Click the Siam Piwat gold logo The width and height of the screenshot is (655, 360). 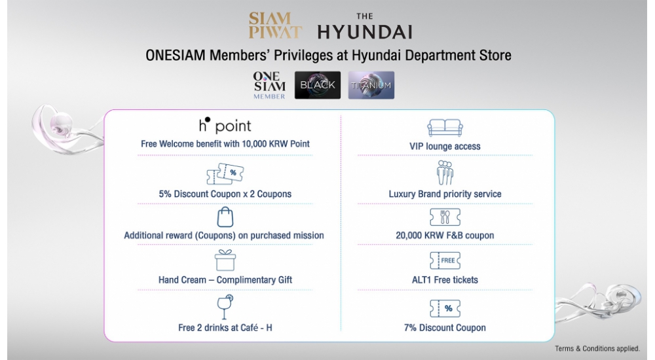point(275,25)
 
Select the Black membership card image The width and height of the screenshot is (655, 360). point(318,85)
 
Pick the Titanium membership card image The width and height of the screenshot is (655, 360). point(371,85)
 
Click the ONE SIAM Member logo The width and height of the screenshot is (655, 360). point(269,85)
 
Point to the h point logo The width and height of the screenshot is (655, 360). point(225,125)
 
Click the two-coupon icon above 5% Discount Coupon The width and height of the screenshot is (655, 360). point(225,174)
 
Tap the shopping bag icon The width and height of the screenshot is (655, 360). point(225,217)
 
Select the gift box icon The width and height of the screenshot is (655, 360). point(225,261)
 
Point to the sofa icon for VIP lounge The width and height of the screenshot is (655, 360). point(445,128)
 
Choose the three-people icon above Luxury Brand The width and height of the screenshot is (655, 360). point(445,173)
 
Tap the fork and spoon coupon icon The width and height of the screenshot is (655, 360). point(445,217)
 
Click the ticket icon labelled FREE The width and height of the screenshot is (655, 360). point(445,261)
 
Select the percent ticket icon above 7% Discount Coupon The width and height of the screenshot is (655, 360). point(445,309)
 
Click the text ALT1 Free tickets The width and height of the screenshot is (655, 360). point(445,279)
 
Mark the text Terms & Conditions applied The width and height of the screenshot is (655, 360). point(597,348)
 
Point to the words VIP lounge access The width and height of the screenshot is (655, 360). point(445,146)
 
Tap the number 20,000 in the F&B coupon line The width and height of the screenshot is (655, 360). point(409,236)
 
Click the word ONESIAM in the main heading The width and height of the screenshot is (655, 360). point(176,56)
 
